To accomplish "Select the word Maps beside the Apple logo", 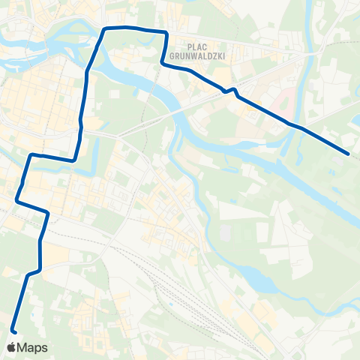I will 33,347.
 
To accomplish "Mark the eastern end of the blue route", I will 349,154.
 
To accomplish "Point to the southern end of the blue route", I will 13,329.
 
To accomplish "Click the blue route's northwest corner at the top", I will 104,28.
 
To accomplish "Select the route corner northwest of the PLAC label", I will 166,32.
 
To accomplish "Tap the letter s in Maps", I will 45,348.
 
